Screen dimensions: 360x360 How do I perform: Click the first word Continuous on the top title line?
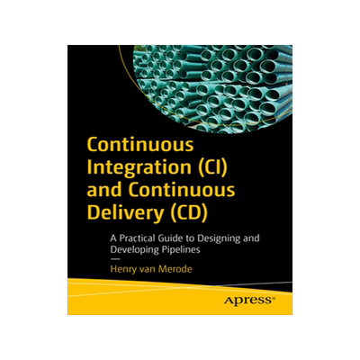[134, 146]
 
